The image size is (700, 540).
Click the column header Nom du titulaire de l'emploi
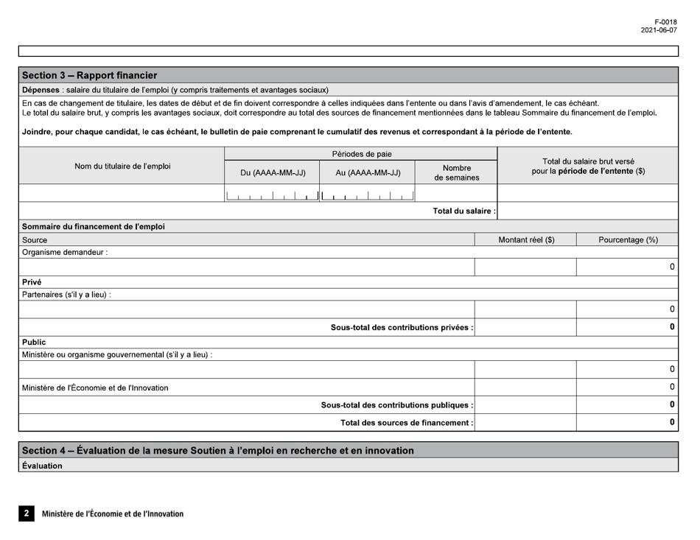[x=123, y=166]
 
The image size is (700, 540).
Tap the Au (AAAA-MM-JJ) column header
[x=368, y=173]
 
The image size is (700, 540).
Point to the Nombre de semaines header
[x=457, y=172]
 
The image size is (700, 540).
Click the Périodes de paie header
[x=361, y=154]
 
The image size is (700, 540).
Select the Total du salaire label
[x=463, y=211]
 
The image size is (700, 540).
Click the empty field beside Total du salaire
[x=588, y=211]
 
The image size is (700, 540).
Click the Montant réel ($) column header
[x=526, y=239]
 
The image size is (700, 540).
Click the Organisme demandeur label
[x=66, y=252]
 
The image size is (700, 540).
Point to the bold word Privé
[x=32, y=281]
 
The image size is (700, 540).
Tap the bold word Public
[x=35, y=342]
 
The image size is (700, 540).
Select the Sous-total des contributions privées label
[x=402, y=327]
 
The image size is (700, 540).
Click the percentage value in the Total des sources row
[x=672, y=422]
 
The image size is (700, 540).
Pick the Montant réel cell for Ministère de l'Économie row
[x=525, y=388]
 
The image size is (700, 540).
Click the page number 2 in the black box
[x=27, y=513]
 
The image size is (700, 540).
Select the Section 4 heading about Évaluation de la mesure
[x=217, y=450]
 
